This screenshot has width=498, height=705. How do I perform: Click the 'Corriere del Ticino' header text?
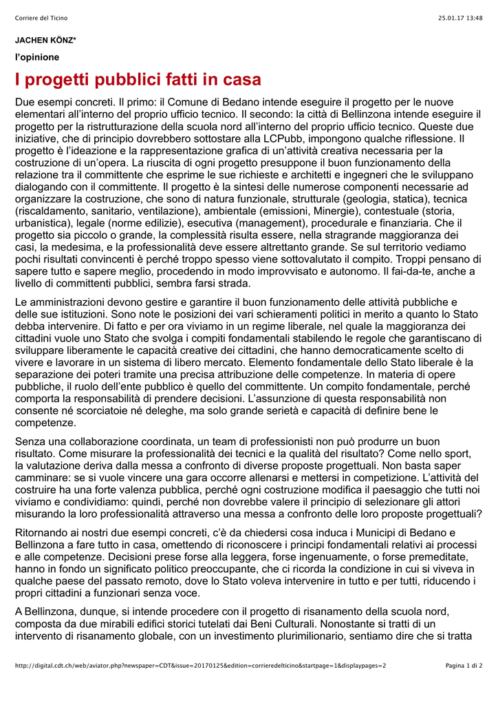pyautogui.click(x=41, y=18)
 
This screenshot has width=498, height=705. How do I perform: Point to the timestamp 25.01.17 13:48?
pyautogui.click(x=460, y=18)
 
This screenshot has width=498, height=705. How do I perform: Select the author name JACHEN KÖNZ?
pyautogui.click(x=45, y=41)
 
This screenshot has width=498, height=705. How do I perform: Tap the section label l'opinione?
pyautogui.click(x=37, y=57)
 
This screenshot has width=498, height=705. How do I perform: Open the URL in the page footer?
pyautogui.click(x=200, y=665)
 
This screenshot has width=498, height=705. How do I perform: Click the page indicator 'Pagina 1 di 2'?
pyautogui.click(x=464, y=665)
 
